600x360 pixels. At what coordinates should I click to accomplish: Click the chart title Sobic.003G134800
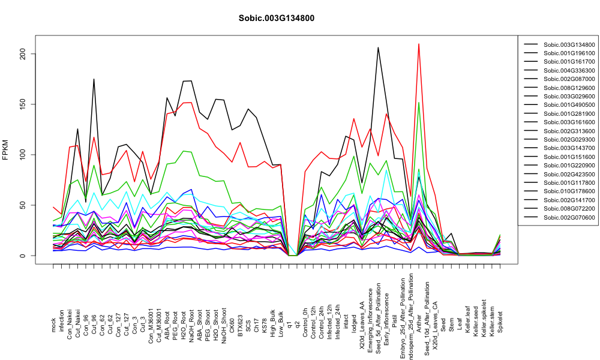(x=276, y=19)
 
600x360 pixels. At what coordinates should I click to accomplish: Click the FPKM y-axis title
(x=5, y=151)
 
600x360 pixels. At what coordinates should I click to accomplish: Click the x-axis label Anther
(x=419, y=323)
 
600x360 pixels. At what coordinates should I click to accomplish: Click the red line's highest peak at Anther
(x=419, y=44)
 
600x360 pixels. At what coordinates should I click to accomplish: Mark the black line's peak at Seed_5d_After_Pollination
(x=379, y=47)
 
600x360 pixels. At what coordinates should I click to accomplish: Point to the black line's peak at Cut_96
(x=94, y=79)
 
